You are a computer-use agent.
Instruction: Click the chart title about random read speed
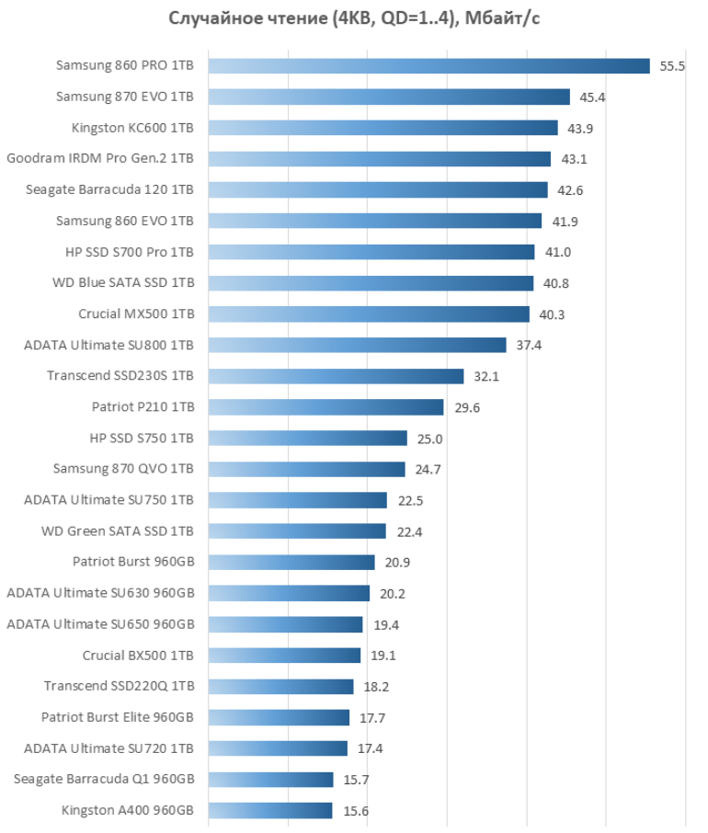tap(354, 18)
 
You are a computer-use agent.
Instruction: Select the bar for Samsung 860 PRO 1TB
tap(428, 66)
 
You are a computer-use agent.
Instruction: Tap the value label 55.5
tap(672, 66)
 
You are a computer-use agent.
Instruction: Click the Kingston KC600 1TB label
tap(132, 128)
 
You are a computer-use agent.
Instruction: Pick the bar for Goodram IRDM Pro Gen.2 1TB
tap(379, 159)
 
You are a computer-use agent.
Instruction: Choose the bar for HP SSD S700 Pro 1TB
tap(371, 252)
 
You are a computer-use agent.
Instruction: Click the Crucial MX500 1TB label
tap(136, 314)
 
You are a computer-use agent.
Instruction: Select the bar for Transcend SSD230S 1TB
tap(336, 376)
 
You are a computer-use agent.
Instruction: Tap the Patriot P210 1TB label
tap(143, 407)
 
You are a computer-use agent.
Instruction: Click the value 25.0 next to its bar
tap(430, 439)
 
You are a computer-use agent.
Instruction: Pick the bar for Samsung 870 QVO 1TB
tap(306, 469)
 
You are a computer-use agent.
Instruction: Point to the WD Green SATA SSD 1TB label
tap(118, 531)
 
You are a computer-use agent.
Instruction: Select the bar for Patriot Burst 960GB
tap(291, 562)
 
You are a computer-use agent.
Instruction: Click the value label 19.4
tap(386, 624)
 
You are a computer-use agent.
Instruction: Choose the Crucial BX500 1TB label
tap(138, 656)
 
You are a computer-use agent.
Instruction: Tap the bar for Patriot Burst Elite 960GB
tap(279, 717)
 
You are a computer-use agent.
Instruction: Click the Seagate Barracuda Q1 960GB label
tap(104, 780)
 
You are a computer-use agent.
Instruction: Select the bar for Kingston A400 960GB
tap(269, 810)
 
